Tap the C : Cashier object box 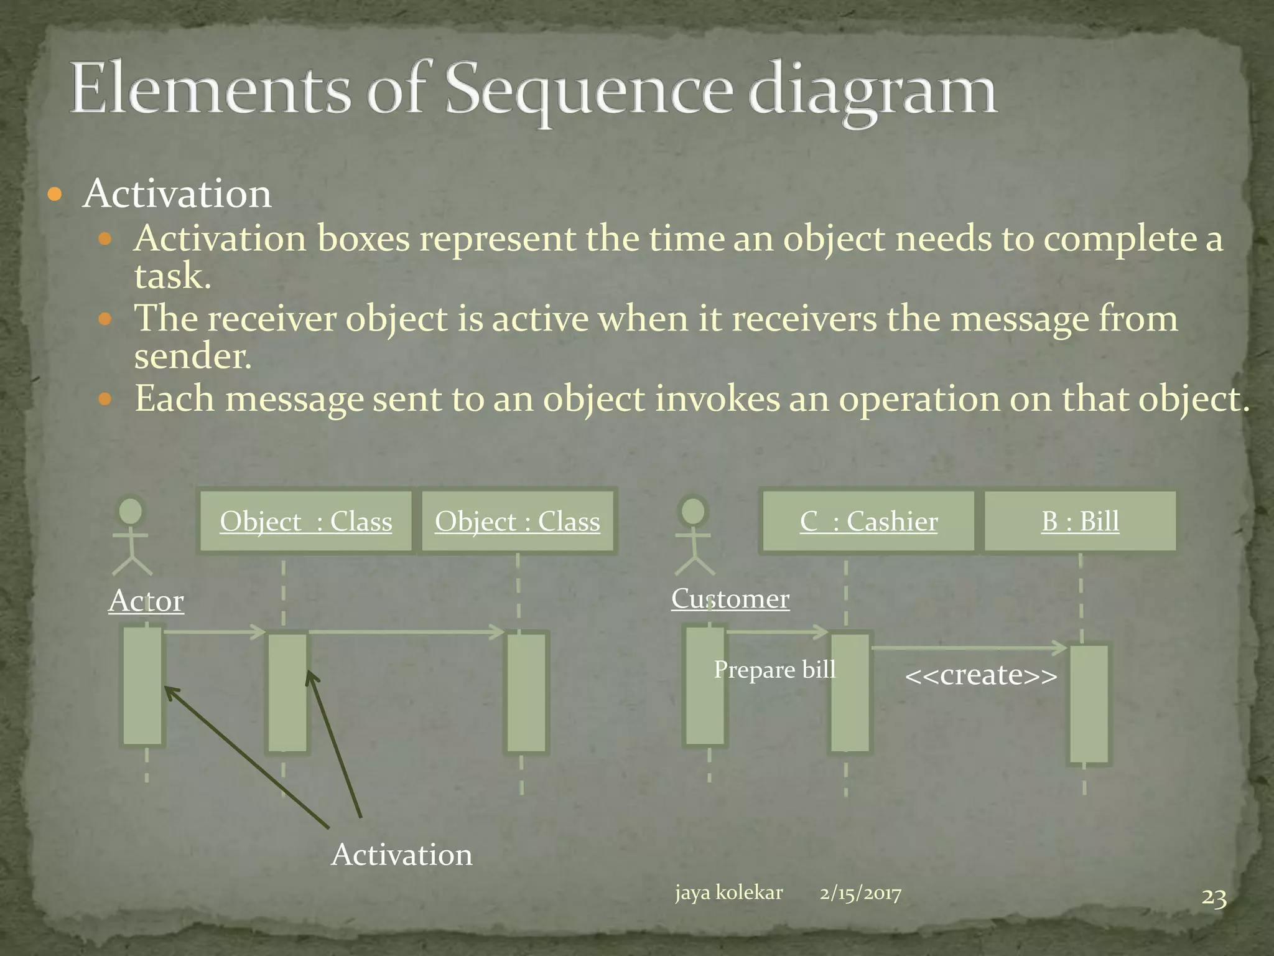[868, 522]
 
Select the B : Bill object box [1080, 522]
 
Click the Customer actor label [730, 599]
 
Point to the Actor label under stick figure [146, 601]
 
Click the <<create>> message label [981, 675]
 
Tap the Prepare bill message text [774, 670]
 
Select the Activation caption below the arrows [402, 855]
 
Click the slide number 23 [1214, 898]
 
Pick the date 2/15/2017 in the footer [860, 894]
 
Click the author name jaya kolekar [728, 893]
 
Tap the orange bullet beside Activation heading [55, 195]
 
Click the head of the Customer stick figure [693, 511]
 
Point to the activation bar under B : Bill [1089, 704]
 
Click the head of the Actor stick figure [131, 511]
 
